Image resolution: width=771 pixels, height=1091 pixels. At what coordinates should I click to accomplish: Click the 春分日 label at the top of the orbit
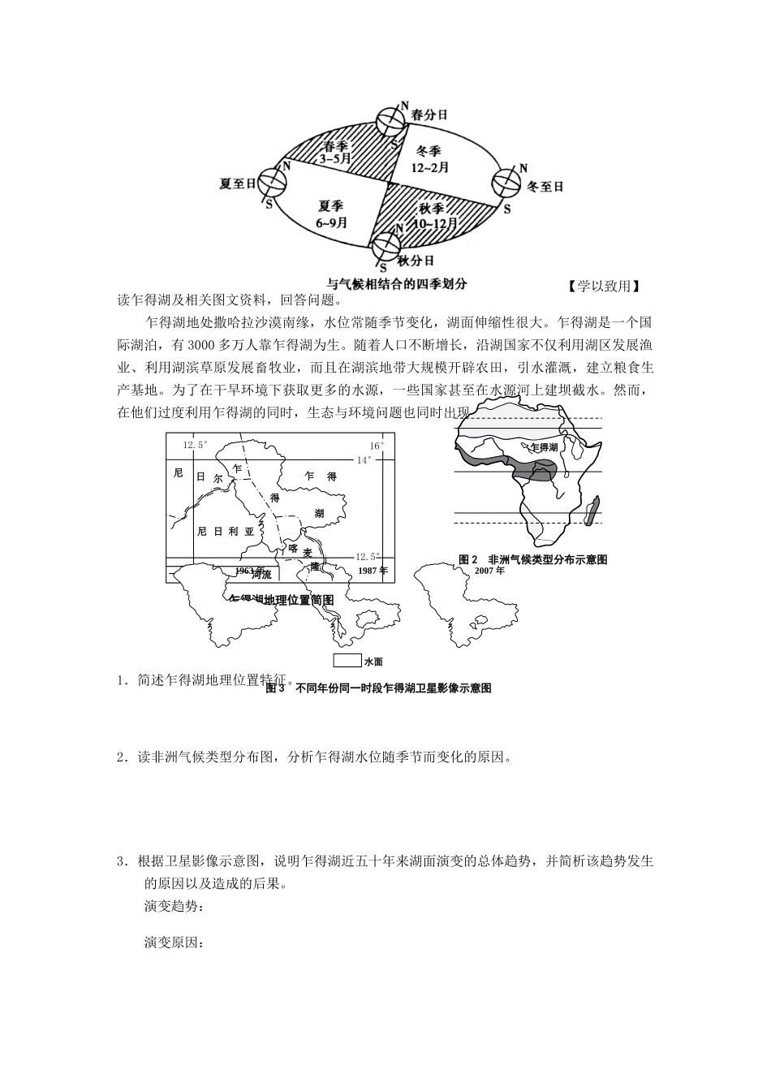pyautogui.click(x=429, y=114)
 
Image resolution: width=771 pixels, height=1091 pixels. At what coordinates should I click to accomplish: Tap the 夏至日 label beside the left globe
pyautogui.click(x=238, y=183)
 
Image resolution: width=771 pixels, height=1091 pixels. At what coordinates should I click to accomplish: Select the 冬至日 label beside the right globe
pyautogui.click(x=545, y=187)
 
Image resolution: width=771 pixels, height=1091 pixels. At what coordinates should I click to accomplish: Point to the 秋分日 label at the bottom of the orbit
pyautogui.click(x=416, y=261)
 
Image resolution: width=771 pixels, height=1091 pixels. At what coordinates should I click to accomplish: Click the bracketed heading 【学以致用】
pyautogui.click(x=604, y=286)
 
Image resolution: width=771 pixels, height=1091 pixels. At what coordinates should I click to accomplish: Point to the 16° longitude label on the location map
pyautogui.click(x=377, y=446)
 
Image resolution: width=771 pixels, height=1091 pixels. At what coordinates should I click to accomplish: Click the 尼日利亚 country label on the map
pyautogui.click(x=226, y=531)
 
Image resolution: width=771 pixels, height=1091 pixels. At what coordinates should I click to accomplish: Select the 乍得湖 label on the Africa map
pyautogui.click(x=543, y=447)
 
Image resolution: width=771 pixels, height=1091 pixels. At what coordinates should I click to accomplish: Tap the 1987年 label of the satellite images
pyautogui.click(x=372, y=571)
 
